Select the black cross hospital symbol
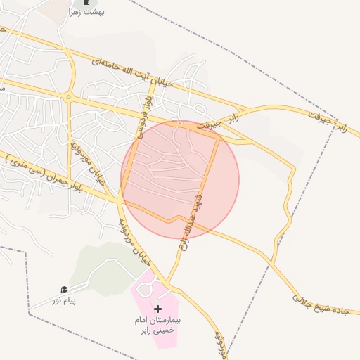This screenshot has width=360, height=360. pyautogui.click(x=157, y=309)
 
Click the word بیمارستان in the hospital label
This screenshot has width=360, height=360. pyautogui.click(x=167, y=320)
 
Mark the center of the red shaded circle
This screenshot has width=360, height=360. pyautogui.click(x=180, y=180)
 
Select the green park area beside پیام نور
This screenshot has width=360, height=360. pyautogui.click(x=102, y=267)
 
